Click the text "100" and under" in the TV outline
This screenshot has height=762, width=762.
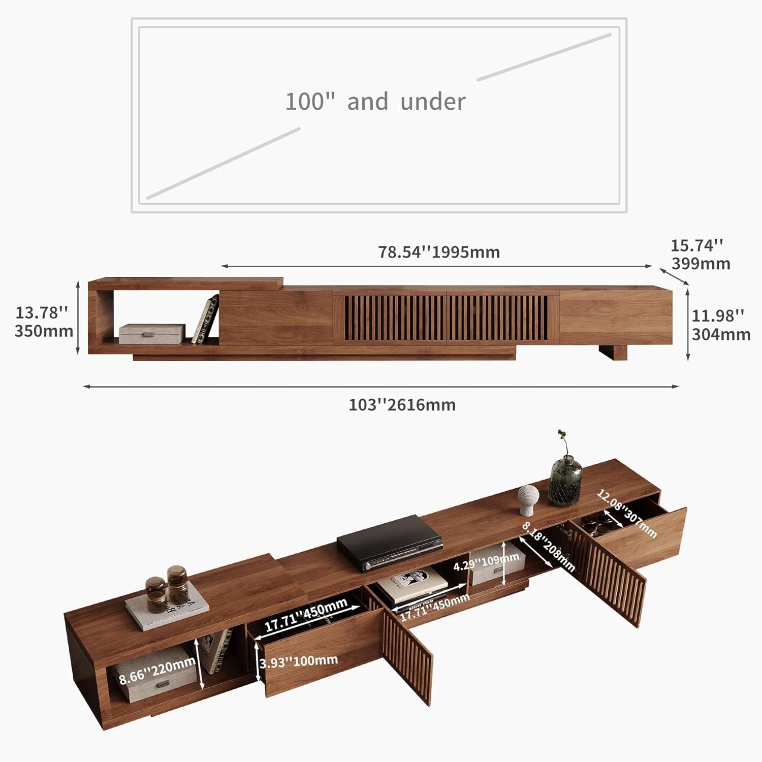tap(375, 102)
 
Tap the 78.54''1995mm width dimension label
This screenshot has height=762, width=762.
tap(439, 252)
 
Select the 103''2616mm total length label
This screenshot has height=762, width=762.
tap(402, 405)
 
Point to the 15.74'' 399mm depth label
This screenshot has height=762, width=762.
tap(700, 255)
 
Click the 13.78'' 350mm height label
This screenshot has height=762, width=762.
tap(43, 322)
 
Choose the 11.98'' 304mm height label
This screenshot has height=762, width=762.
tap(720, 325)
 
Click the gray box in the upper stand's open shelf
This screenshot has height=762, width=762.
tap(152, 334)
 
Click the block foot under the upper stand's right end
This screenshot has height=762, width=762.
tap(613, 352)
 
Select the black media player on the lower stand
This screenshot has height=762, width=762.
tap(389, 543)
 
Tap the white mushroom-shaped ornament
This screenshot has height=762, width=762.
tap(528, 499)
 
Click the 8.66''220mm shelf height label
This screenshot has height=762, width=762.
tap(157, 671)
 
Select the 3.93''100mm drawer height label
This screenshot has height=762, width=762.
tap(299, 661)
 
